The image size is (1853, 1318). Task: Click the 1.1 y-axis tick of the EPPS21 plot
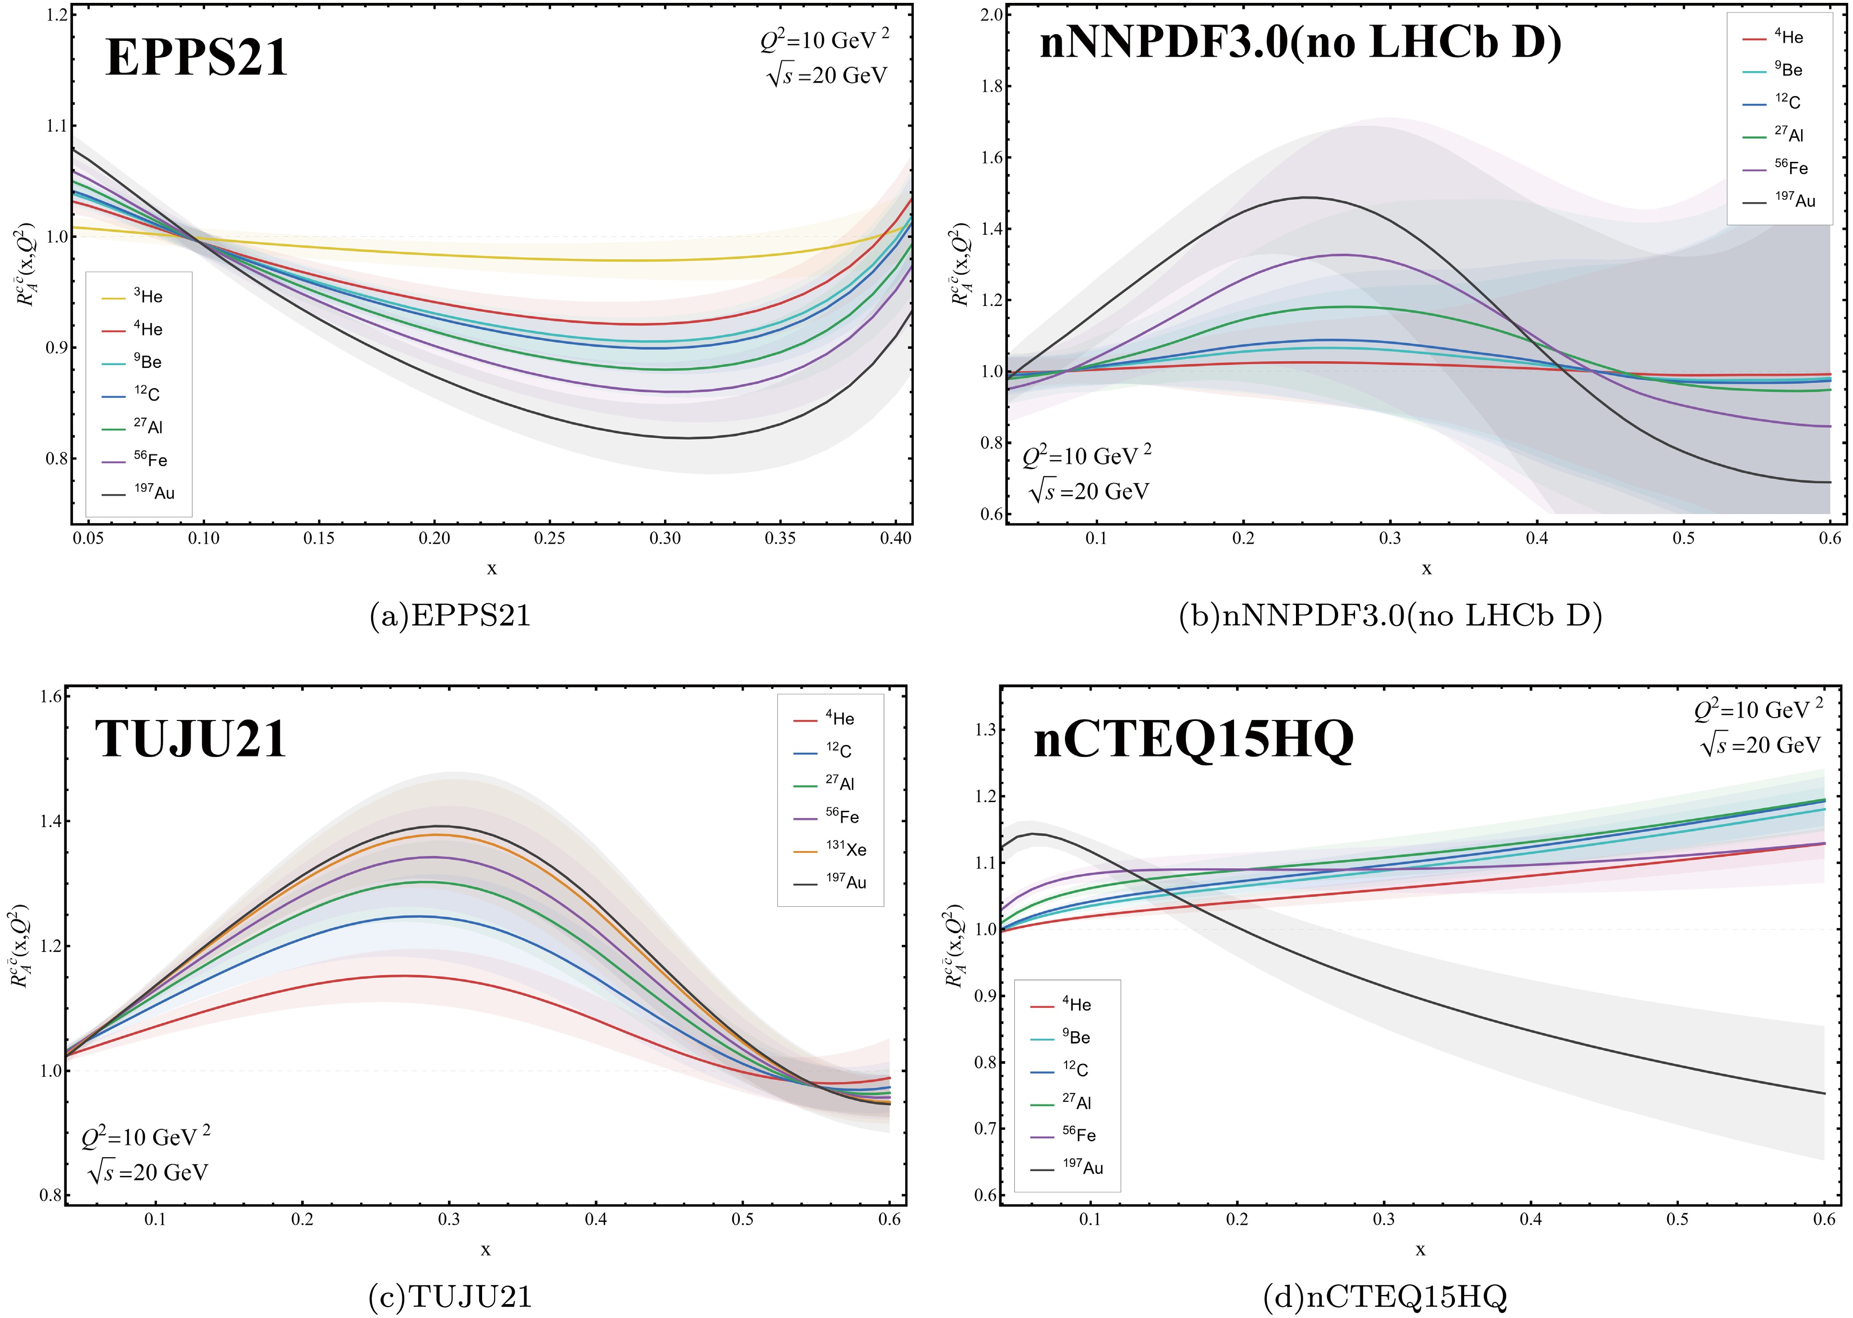(x=56, y=126)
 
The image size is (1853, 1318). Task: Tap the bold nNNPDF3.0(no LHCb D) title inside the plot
(x=1300, y=42)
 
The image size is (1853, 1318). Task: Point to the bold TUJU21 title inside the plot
(x=191, y=739)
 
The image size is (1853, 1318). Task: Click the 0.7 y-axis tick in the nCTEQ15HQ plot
(x=985, y=1128)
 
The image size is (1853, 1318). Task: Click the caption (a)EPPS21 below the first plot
(x=450, y=616)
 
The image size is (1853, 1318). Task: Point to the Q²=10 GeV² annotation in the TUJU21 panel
(x=146, y=1136)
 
